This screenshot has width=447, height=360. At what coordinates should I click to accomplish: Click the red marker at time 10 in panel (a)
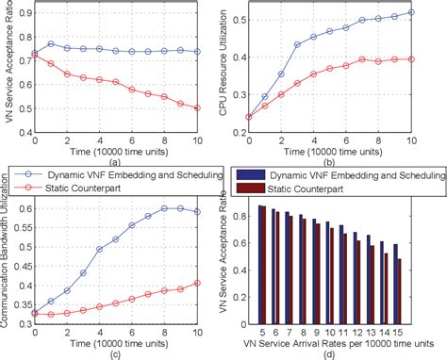[x=197, y=108]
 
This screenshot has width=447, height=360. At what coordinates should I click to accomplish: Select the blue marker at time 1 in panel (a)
[x=51, y=43]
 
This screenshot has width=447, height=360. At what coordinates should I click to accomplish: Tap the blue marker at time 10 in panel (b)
[x=410, y=12]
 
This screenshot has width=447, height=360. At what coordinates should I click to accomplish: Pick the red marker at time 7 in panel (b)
[x=363, y=58]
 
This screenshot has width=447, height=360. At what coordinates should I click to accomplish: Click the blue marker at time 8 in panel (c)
[x=165, y=207]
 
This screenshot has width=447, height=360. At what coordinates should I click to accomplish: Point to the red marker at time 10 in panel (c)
[x=197, y=282]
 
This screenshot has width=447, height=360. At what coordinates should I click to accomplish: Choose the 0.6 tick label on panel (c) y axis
[x=21, y=207]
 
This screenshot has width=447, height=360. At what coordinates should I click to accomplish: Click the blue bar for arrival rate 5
[x=259, y=260]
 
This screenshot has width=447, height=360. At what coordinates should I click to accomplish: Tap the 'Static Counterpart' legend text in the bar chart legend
[x=315, y=188]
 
